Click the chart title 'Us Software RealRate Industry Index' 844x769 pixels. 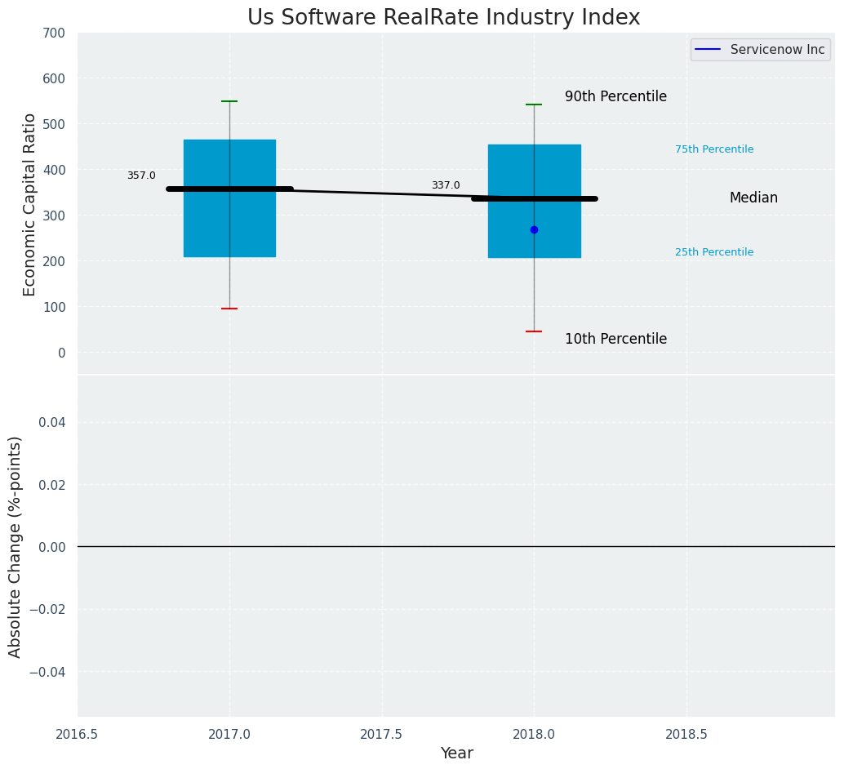443,18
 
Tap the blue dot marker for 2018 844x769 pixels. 534,229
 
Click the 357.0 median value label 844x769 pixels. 141,176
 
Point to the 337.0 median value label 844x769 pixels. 446,185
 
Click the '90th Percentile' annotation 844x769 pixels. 615,96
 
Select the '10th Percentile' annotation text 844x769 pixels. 615,339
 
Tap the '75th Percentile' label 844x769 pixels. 714,149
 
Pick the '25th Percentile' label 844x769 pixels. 714,252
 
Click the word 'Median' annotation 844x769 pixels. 753,198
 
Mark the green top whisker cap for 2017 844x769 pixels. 229,101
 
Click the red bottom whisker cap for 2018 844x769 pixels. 534,331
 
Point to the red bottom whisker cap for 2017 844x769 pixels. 229,309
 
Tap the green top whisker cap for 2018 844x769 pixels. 534,104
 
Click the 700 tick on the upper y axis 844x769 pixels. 55,33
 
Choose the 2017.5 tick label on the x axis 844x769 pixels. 381,735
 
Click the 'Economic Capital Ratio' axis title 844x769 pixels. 29,204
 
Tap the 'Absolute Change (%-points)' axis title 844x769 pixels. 16,546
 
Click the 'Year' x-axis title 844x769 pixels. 456,753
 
